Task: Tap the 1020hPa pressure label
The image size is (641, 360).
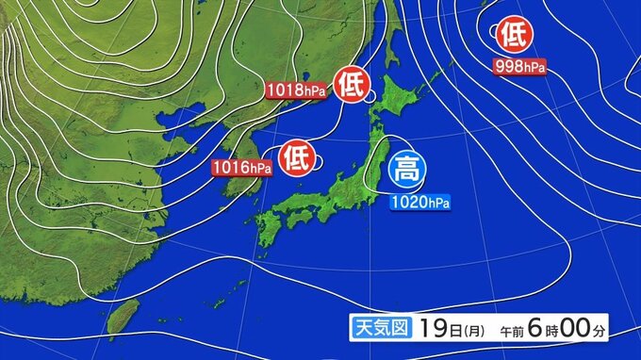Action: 421,201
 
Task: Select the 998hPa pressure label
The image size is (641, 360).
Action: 518,66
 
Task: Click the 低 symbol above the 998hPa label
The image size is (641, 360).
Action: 512,36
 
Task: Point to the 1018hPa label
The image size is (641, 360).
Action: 299,91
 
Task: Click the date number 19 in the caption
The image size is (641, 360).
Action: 434,329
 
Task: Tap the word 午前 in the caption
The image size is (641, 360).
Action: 511,331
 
